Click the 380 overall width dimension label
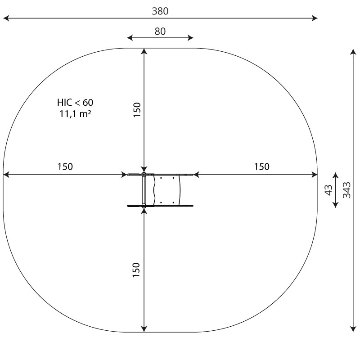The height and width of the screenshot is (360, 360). (160, 11)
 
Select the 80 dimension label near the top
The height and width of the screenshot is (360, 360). (160, 31)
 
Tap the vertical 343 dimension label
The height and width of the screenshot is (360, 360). (346, 190)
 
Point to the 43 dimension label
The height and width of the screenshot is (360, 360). (329, 190)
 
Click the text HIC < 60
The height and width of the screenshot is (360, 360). (75, 103)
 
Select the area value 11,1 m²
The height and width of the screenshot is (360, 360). (75, 114)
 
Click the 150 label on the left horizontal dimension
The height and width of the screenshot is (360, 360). (65, 166)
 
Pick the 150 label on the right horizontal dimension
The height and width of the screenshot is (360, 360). (261, 166)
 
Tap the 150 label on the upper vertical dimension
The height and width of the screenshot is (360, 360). (137, 110)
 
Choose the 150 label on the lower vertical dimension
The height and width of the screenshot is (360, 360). (136, 270)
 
